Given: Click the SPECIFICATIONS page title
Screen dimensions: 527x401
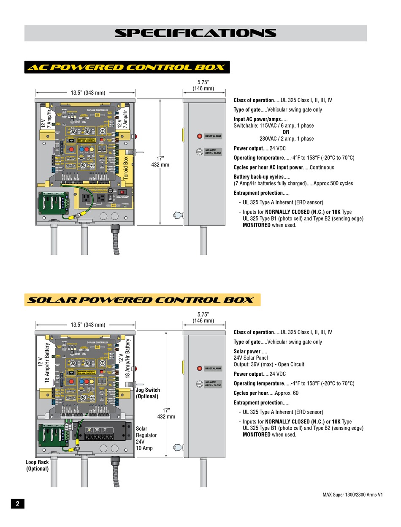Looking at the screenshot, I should pos(195,33).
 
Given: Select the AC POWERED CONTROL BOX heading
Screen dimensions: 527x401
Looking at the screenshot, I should pos(127,67).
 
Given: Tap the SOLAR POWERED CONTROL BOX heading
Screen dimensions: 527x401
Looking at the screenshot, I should pos(142,300).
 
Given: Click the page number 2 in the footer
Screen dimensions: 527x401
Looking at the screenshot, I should pos(17,503).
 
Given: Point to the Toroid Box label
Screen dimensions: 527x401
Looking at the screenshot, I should pos(125,168).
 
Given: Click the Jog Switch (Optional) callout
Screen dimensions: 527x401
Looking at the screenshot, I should pos(148,393).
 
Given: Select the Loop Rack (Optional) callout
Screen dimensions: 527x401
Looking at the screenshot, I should pos(37,465).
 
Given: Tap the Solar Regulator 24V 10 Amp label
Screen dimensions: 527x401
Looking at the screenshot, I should pos(146,438).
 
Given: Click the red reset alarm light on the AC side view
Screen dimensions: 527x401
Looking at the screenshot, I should pos(199,136).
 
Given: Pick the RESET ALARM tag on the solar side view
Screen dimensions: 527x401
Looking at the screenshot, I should pos(213,369).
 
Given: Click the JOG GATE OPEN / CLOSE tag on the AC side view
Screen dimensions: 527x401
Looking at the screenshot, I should pos(213,152).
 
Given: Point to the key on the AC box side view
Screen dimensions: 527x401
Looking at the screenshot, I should pos(178,215).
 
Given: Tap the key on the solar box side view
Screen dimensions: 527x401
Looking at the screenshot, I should pos(178,447).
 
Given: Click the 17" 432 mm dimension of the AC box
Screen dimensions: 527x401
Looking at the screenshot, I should pos(160,161).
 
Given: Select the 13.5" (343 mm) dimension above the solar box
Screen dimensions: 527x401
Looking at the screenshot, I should pos(88,325).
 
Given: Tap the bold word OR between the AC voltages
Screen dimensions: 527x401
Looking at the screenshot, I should pos(286,132).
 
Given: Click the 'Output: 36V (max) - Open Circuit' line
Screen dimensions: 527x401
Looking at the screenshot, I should pos(269,364).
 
